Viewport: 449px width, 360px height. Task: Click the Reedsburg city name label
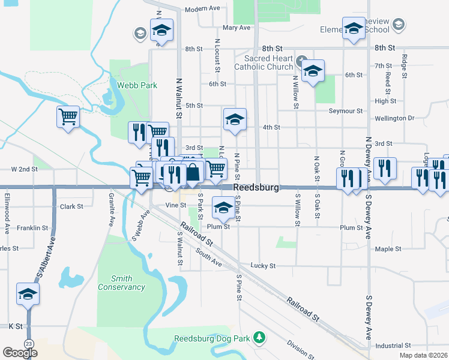coord(256,188)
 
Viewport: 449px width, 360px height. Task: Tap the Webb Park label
coord(137,85)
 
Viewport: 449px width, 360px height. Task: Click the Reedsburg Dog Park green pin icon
coord(259,338)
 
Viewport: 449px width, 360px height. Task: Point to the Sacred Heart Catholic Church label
coord(268,63)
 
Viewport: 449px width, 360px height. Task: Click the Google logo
coord(20,353)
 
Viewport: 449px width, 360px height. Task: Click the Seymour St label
coord(346,111)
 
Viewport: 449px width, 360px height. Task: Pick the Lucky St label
coord(263,265)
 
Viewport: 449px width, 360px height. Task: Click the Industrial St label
coord(393,346)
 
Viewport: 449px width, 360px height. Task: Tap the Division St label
coord(300,349)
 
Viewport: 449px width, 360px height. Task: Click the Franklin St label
coord(32,228)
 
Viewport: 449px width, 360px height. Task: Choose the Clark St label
coord(71,206)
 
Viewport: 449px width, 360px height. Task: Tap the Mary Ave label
coord(236,28)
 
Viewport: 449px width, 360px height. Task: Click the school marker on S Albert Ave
coord(28,294)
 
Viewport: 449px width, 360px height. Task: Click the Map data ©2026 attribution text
coord(423,355)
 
